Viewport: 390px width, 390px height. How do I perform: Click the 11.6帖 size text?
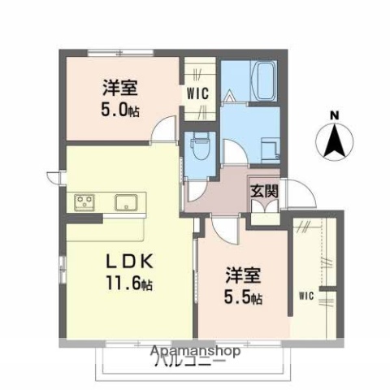pos(128,284)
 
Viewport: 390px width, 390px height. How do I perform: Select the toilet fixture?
pos(198,151)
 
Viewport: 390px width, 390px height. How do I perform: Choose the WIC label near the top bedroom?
pos(198,93)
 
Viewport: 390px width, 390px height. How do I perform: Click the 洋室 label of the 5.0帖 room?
pos(118,85)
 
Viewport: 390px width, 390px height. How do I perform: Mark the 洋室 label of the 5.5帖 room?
pos(242,275)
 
